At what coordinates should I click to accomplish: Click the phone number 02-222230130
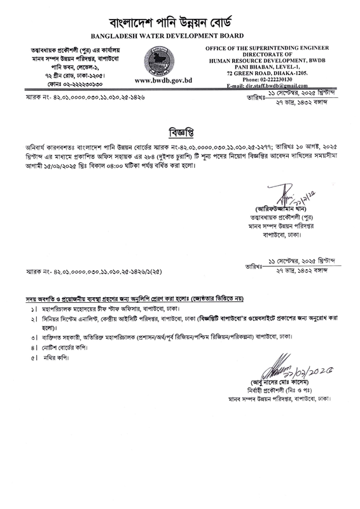(275, 78)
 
